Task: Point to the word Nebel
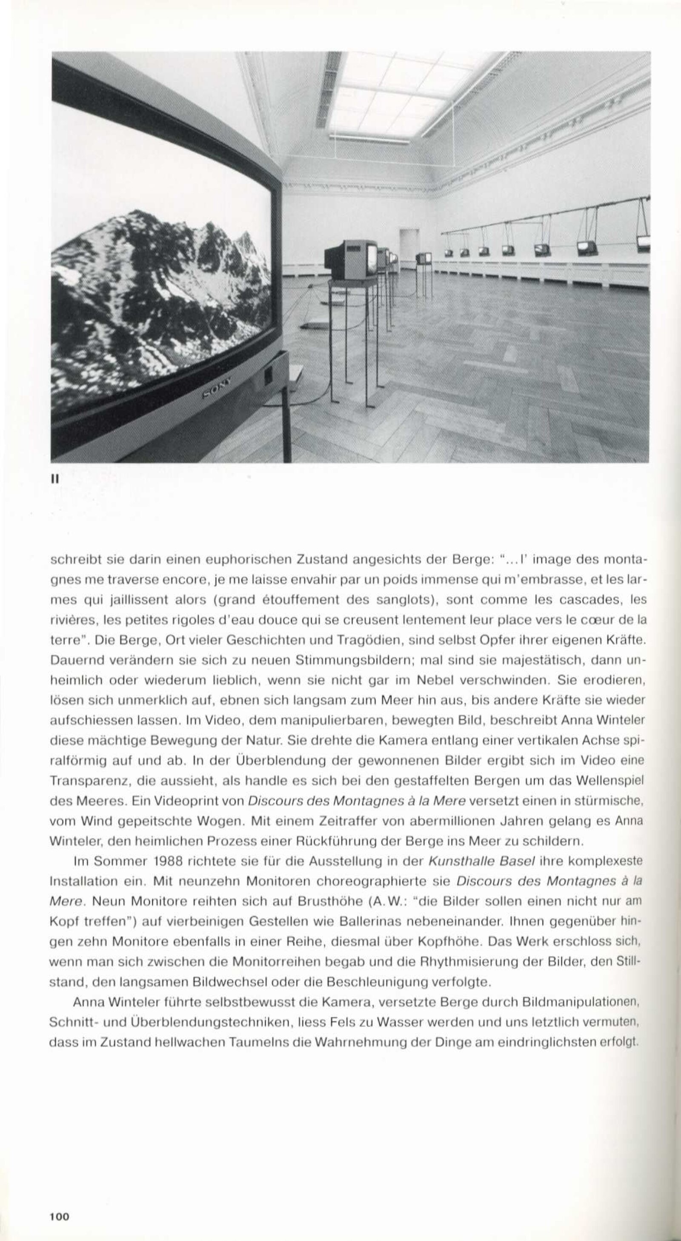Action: tap(434, 682)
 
